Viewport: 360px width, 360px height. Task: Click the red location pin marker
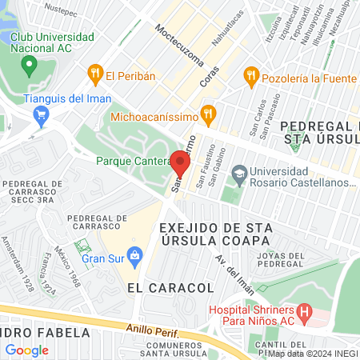[180, 164]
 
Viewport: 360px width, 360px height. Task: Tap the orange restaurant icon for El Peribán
[95, 75]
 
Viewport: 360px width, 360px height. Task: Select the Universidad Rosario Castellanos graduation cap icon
[238, 173]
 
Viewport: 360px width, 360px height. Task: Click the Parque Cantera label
[130, 160]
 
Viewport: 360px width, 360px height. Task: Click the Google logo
[26, 350]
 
